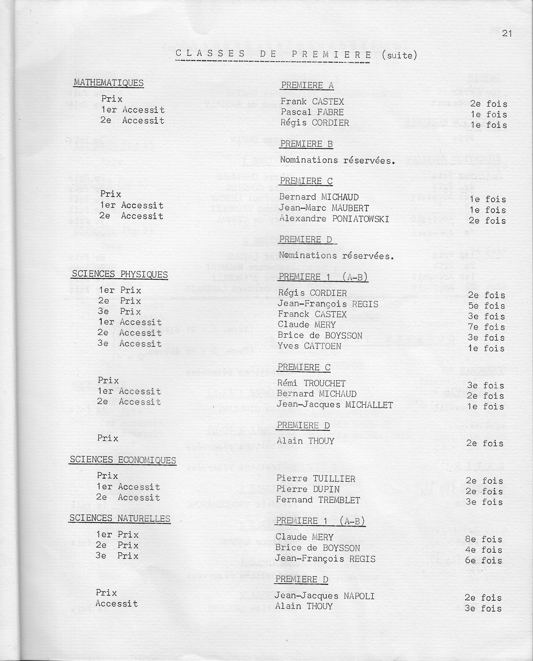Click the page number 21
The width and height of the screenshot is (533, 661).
[507, 34]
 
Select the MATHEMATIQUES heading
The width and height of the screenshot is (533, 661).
[109, 83]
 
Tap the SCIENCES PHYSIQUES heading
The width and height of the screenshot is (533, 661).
[120, 274]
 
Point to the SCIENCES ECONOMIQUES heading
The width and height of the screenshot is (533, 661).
[123, 460]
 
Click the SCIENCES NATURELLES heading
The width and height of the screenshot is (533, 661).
[120, 519]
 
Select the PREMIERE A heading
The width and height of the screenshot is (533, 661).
[307, 86]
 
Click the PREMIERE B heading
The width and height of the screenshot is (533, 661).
[306, 144]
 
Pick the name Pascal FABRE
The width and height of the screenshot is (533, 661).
[312, 112]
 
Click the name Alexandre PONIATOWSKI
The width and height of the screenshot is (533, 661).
[334, 219]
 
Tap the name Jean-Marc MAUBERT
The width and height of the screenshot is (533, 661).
[324, 208]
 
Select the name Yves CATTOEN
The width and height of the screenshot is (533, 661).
[309, 346]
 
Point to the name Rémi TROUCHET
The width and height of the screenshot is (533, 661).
[311, 383]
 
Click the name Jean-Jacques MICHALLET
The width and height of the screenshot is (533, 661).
[334, 405]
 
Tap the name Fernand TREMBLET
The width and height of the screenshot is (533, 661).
[318, 500]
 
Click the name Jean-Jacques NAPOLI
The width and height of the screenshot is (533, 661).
[324, 596]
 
